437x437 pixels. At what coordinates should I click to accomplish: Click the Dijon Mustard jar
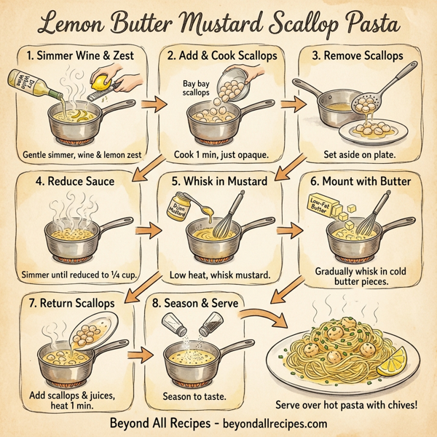click(x=179, y=205)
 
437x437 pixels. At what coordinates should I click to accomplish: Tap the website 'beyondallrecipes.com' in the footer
click(x=269, y=423)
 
